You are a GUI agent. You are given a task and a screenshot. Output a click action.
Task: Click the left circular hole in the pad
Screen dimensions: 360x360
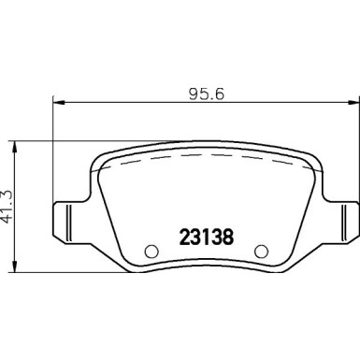(x=151, y=250)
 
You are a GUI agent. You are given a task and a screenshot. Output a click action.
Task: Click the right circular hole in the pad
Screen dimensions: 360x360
(x=262, y=250)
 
